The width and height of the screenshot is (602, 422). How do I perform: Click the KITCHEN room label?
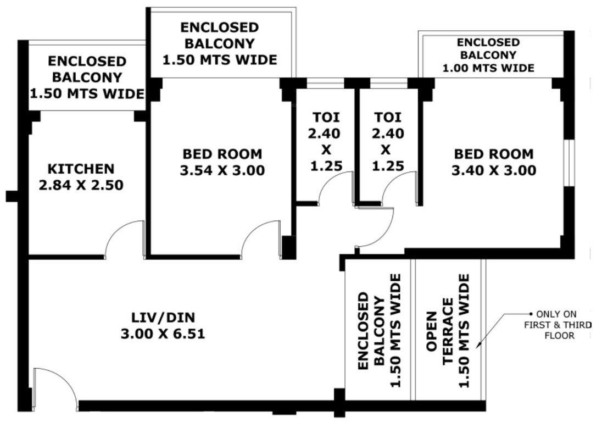81,169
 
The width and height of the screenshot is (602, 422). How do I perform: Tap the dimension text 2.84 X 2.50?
81,186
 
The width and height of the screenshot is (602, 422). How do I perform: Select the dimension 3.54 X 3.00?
222,171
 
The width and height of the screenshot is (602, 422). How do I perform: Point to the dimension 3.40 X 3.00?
493,171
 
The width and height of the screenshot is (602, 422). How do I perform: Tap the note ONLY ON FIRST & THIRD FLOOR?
557,324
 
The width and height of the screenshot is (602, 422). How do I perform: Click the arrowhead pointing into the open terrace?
479,345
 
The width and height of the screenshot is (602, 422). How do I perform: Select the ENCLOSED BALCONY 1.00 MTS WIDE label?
488,55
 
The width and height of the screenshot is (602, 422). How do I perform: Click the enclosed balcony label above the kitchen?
86,77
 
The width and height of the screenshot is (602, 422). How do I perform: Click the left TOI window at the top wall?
324,83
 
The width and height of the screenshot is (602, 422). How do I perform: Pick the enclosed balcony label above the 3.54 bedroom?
220,43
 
